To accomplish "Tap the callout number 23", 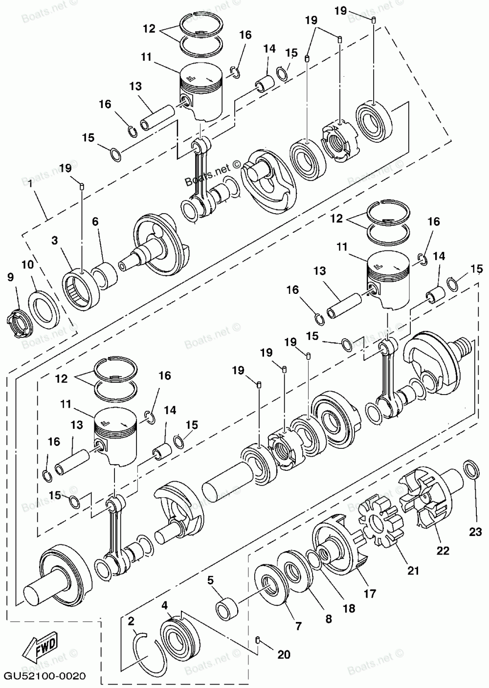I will click(x=475, y=533).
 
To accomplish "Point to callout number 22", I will click(x=443, y=550).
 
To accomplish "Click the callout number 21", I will click(x=413, y=570).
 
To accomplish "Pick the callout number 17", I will click(x=370, y=594).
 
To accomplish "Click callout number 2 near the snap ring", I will click(x=131, y=621).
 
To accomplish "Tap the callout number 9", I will click(x=11, y=278).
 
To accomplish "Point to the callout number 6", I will click(x=95, y=222).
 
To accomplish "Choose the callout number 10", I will click(x=27, y=265).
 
